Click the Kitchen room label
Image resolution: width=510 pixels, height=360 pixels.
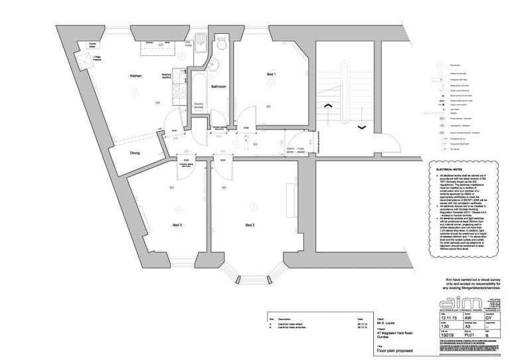point(135,77)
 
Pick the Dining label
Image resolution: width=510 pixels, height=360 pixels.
point(135,153)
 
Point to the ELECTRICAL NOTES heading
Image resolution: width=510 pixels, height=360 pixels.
point(449,170)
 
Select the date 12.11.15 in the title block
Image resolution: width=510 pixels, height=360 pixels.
point(448,319)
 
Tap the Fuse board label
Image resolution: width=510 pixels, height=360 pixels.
point(301,151)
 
